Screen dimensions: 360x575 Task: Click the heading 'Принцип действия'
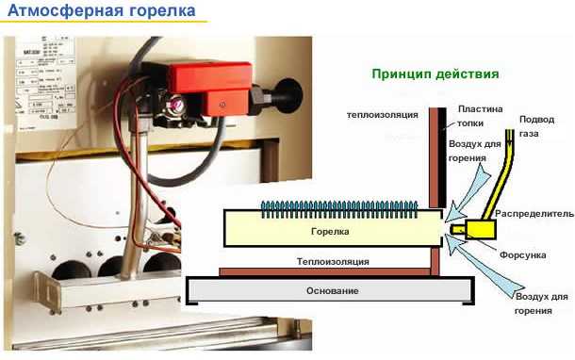pyautogui.click(x=435, y=73)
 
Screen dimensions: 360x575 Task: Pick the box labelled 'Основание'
pyautogui.click(x=333, y=290)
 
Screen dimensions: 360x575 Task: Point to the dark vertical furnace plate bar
pyautogui.click(x=435, y=155)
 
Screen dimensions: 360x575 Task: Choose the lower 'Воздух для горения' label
pyautogui.click(x=542, y=303)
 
